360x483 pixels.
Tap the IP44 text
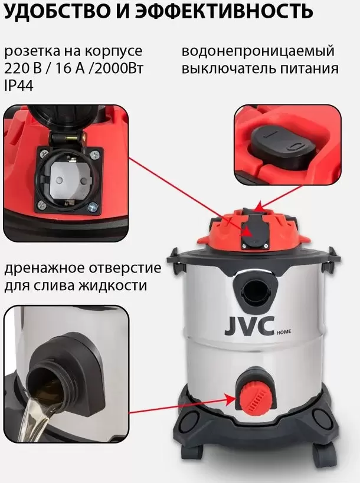pyautogui.click(x=19, y=86)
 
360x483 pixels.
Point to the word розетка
pyautogui.click(x=32, y=52)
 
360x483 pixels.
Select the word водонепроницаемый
pyautogui.click(x=258, y=51)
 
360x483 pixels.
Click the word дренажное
pyautogui.click(x=45, y=268)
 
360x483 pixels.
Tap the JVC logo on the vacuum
pyautogui.click(x=250, y=326)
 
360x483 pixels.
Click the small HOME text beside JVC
pyautogui.click(x=283, y=332)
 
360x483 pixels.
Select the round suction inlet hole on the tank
pyautogui.click(x=254, y=292)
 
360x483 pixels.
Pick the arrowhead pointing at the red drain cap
pyautogui.click(x=231, y=400)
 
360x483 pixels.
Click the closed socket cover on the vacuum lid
pyautogui.click(x=254, y=234)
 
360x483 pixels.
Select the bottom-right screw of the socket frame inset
pyautogui.click(x=93, y=206)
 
